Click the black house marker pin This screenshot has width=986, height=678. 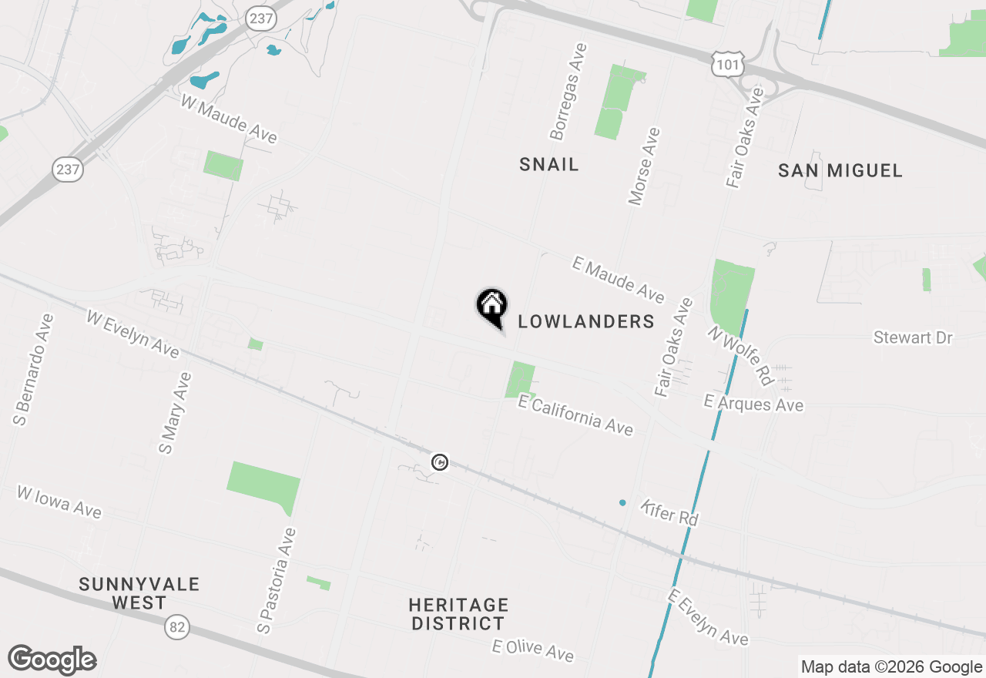tap(491, 306)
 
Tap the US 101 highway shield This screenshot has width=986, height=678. tap(728, 65)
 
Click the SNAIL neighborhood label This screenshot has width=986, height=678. tap(548, 164)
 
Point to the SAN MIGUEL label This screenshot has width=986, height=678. tap(840, 170)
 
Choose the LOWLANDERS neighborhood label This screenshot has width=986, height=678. tap(586, 321)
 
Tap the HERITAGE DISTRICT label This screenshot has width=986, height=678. tap(458, 614)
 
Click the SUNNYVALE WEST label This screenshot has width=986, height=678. tap(139, 593)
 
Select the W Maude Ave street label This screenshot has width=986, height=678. tap(229, 119)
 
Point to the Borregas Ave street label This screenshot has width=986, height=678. tap(568, 92)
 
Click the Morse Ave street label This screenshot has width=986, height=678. tap(645, 166)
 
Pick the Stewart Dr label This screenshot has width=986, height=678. tap(913, 337)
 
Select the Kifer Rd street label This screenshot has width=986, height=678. tap(669, 512)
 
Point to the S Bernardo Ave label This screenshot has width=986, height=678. tap(32, 369)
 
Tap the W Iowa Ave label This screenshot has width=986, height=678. tap(59, 501)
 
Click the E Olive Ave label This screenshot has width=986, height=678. tap(533, 649)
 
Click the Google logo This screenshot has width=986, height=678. tap(52, 660)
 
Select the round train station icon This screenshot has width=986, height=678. tap(439, 462)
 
